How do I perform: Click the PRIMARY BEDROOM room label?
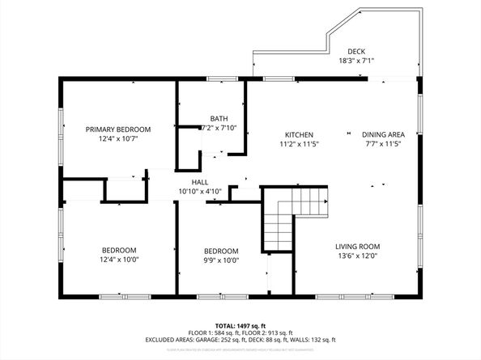119,129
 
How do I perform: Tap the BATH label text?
219,118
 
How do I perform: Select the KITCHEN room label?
299,134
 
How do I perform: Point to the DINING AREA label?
383,134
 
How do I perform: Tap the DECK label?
356,51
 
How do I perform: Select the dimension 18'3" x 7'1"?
356,61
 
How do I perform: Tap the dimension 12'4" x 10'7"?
119,139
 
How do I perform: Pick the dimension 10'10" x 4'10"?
200,192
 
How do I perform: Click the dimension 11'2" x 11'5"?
299,144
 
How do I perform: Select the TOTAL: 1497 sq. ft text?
240,324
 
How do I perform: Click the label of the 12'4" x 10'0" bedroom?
119,250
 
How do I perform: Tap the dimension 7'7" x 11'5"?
383,144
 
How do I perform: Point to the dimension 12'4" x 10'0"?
119,260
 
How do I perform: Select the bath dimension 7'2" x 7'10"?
218,128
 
